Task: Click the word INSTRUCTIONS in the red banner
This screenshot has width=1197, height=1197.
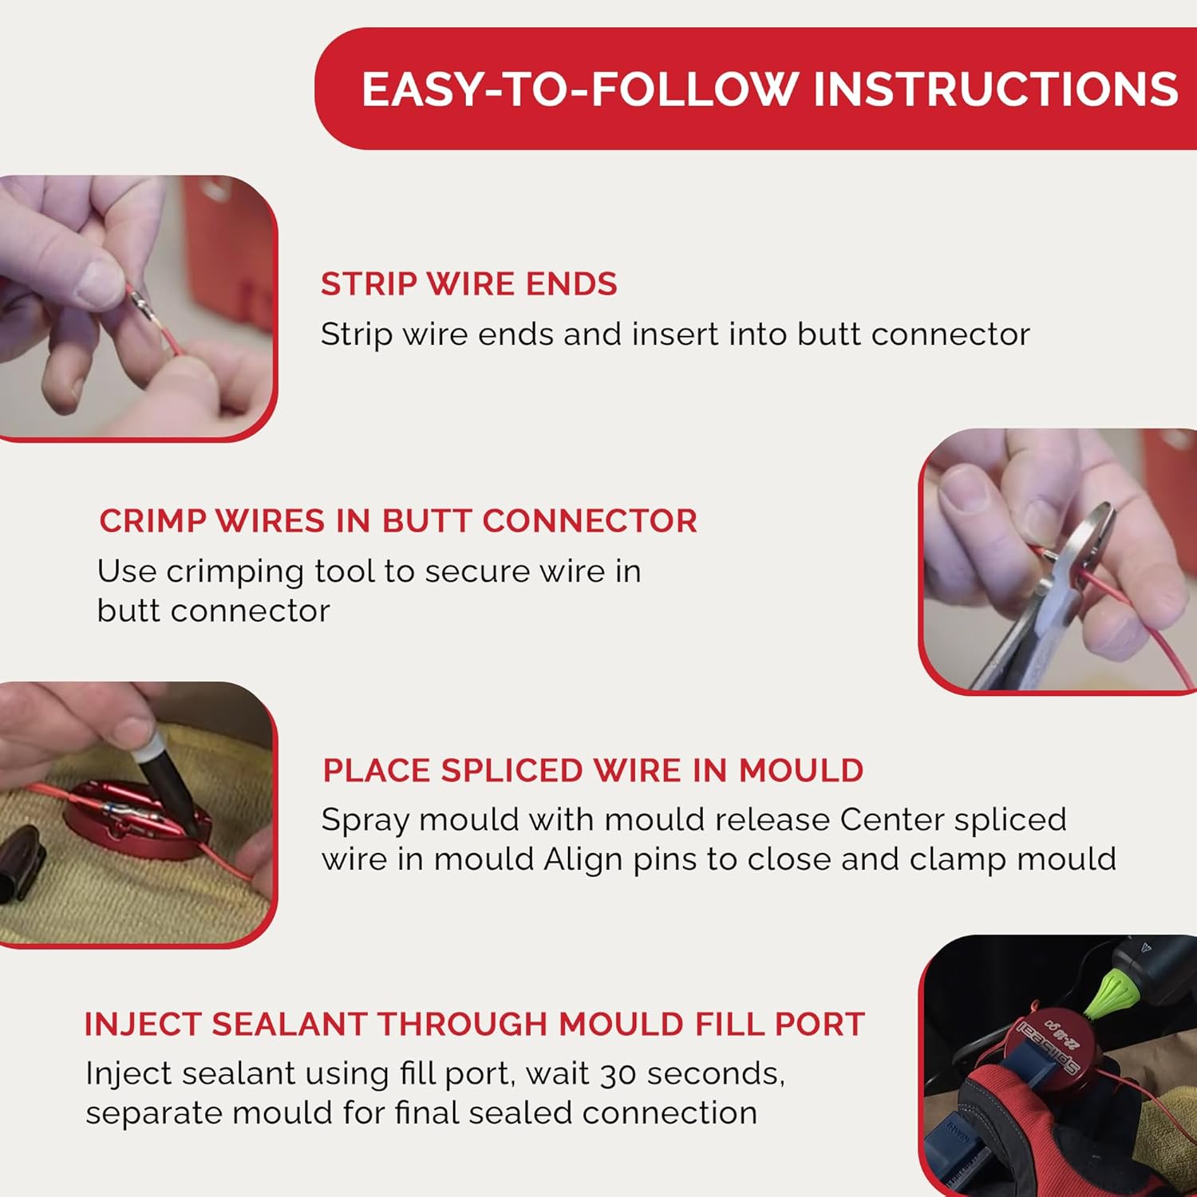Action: click(994, 89)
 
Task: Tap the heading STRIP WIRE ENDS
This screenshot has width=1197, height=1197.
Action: click(468, 284)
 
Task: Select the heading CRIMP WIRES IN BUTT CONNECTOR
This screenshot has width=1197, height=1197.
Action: click(397, 521)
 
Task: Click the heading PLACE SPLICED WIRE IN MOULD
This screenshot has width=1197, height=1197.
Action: click(592, 771)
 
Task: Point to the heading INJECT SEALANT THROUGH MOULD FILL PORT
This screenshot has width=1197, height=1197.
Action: click(474, 1024)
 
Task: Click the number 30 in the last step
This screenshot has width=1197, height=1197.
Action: click(618, 1074)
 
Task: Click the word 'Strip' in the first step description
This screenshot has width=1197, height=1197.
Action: click(356, 334)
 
